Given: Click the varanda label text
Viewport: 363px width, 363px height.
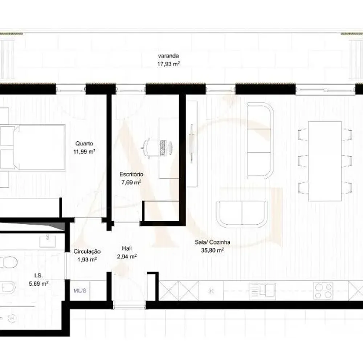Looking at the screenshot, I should pos(168,56).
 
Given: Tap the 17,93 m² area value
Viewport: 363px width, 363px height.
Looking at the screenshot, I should pos(168,64).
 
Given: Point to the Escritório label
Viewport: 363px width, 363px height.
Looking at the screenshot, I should pos(131,174).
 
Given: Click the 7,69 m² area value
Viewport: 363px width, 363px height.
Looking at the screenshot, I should pos(131,183).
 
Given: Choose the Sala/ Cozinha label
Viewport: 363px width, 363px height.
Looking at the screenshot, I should pos(212,242).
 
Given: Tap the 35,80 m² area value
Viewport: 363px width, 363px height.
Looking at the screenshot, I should pos(212,250).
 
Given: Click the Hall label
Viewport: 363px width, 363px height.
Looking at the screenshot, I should pos(127,249).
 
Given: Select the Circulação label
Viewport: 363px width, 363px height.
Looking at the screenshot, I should pos(87,251).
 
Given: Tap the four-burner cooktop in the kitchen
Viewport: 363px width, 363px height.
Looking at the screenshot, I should pos(323,291).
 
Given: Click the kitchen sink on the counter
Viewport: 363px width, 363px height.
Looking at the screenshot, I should pos(262,291).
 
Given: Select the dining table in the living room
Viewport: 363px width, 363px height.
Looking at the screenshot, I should pos(325,161).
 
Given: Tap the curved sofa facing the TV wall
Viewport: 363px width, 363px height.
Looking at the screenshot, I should pos(260,140).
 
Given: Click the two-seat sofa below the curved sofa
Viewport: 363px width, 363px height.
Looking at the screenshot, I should pos(241,214).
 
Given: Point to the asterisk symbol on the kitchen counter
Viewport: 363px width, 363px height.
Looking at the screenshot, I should pos(211,291).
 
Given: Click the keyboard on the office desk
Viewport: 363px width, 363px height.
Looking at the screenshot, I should pos(162,147).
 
